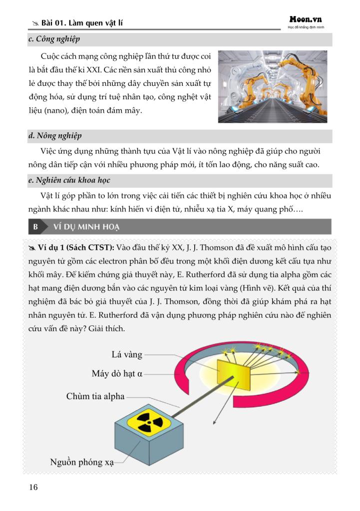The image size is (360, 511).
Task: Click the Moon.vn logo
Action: tap(306, 19)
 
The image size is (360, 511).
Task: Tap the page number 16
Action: tap(33, 487)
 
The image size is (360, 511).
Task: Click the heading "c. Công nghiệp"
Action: tap(54, 39)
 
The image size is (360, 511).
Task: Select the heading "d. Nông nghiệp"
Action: tap(55, 136)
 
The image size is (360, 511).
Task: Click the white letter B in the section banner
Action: tap(35, 227)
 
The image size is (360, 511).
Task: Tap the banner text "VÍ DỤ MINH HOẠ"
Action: tap(87, 227)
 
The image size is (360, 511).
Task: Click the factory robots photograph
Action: tap(272, 86)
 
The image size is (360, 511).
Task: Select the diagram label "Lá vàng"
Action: tap(127, 355)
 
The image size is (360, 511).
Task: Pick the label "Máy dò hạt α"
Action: tap(117, 373)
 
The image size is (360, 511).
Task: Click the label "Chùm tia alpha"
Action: tap(95, 397)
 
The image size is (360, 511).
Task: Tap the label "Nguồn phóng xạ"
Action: tap(82, 462)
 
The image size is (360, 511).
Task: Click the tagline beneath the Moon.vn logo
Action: tap(306, 27)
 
